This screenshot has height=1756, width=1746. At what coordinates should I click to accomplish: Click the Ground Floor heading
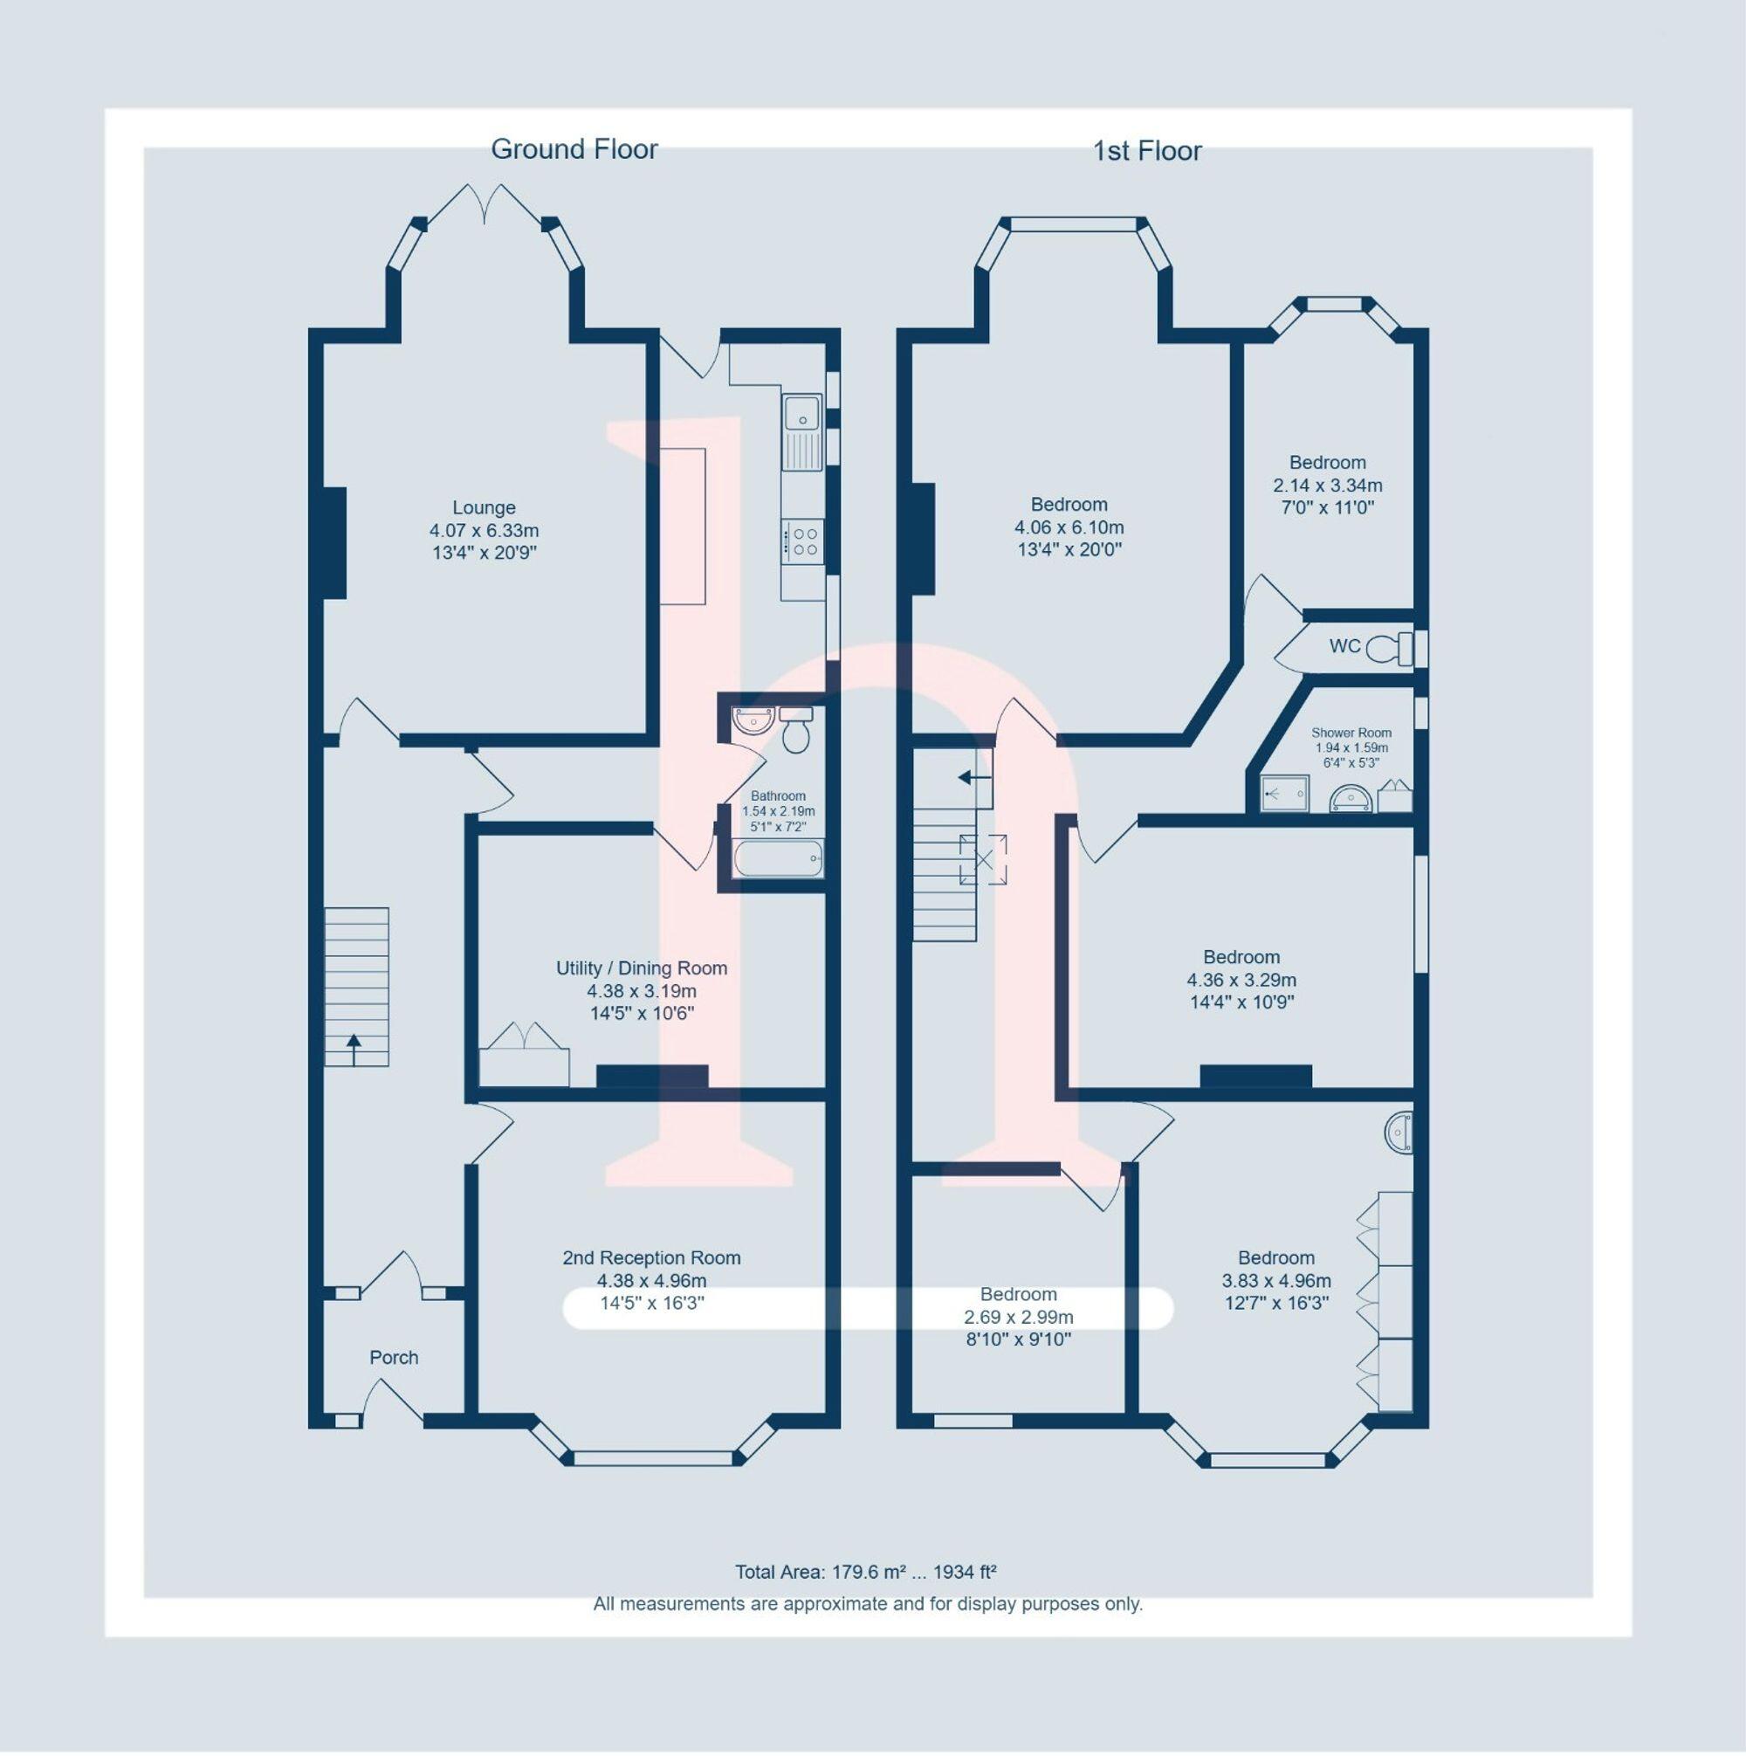coord(574,149)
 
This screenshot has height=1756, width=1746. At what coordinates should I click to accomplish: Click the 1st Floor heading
coord(1146,151)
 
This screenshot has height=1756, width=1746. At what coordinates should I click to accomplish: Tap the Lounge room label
coord(484,508)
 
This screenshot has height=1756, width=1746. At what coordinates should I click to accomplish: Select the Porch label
coord(394,1357)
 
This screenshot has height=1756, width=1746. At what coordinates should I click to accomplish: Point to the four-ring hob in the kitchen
coord(803,541)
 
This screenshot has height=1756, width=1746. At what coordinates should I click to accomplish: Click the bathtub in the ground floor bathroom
coord(778,858)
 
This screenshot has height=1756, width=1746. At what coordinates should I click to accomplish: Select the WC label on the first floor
coord(1344,646)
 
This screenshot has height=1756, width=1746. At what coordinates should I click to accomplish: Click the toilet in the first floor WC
coord(1388,649)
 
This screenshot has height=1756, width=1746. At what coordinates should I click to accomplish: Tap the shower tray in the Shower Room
coord(1284,793)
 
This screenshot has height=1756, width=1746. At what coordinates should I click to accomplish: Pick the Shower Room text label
coord(1351,733)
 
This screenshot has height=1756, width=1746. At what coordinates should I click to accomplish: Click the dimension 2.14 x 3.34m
coord(1327,485)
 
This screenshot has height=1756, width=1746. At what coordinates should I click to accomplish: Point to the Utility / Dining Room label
coord(641,968)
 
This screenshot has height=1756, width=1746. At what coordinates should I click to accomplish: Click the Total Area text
coord(865,1572)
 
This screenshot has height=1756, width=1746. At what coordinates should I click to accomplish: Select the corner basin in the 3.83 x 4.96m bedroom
coord(1400,1133)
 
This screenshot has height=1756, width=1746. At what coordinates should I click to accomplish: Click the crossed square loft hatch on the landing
coord(982,859)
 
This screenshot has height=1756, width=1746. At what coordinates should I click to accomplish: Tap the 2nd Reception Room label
coord(650,1258)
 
